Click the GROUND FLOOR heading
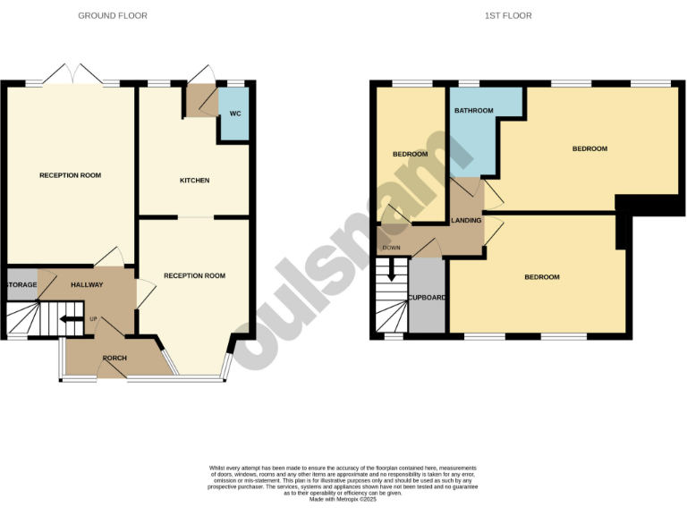113,16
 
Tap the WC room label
235,114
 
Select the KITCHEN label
194,181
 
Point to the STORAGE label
22,285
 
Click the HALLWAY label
88,285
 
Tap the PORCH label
114,359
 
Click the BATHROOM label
473,111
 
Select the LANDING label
467,221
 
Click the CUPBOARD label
427,297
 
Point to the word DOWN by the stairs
392,248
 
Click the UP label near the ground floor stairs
92,318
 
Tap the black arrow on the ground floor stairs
69,318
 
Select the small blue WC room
234,122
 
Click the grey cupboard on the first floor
427,308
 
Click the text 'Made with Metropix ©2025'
343,499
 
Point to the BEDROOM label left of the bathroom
410,154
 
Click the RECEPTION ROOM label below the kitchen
194,276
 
